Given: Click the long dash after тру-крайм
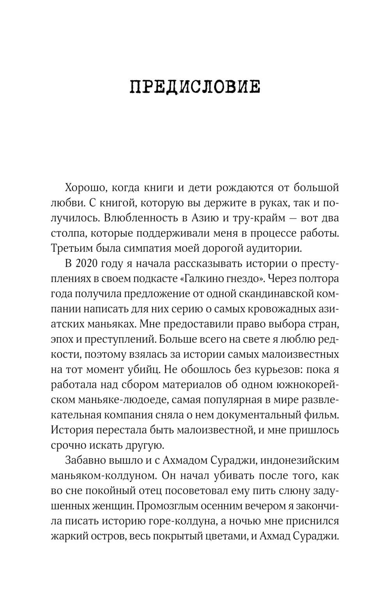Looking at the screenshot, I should pos(295,218).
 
